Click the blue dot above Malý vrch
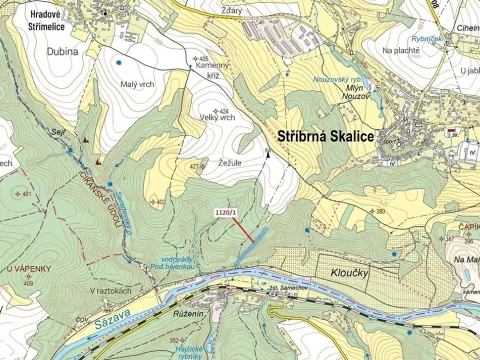click(119, 62)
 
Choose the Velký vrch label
click(216, 117)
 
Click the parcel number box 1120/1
click(227, 212)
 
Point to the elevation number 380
click(379, 211)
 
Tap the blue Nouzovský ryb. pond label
click(336, 77)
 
